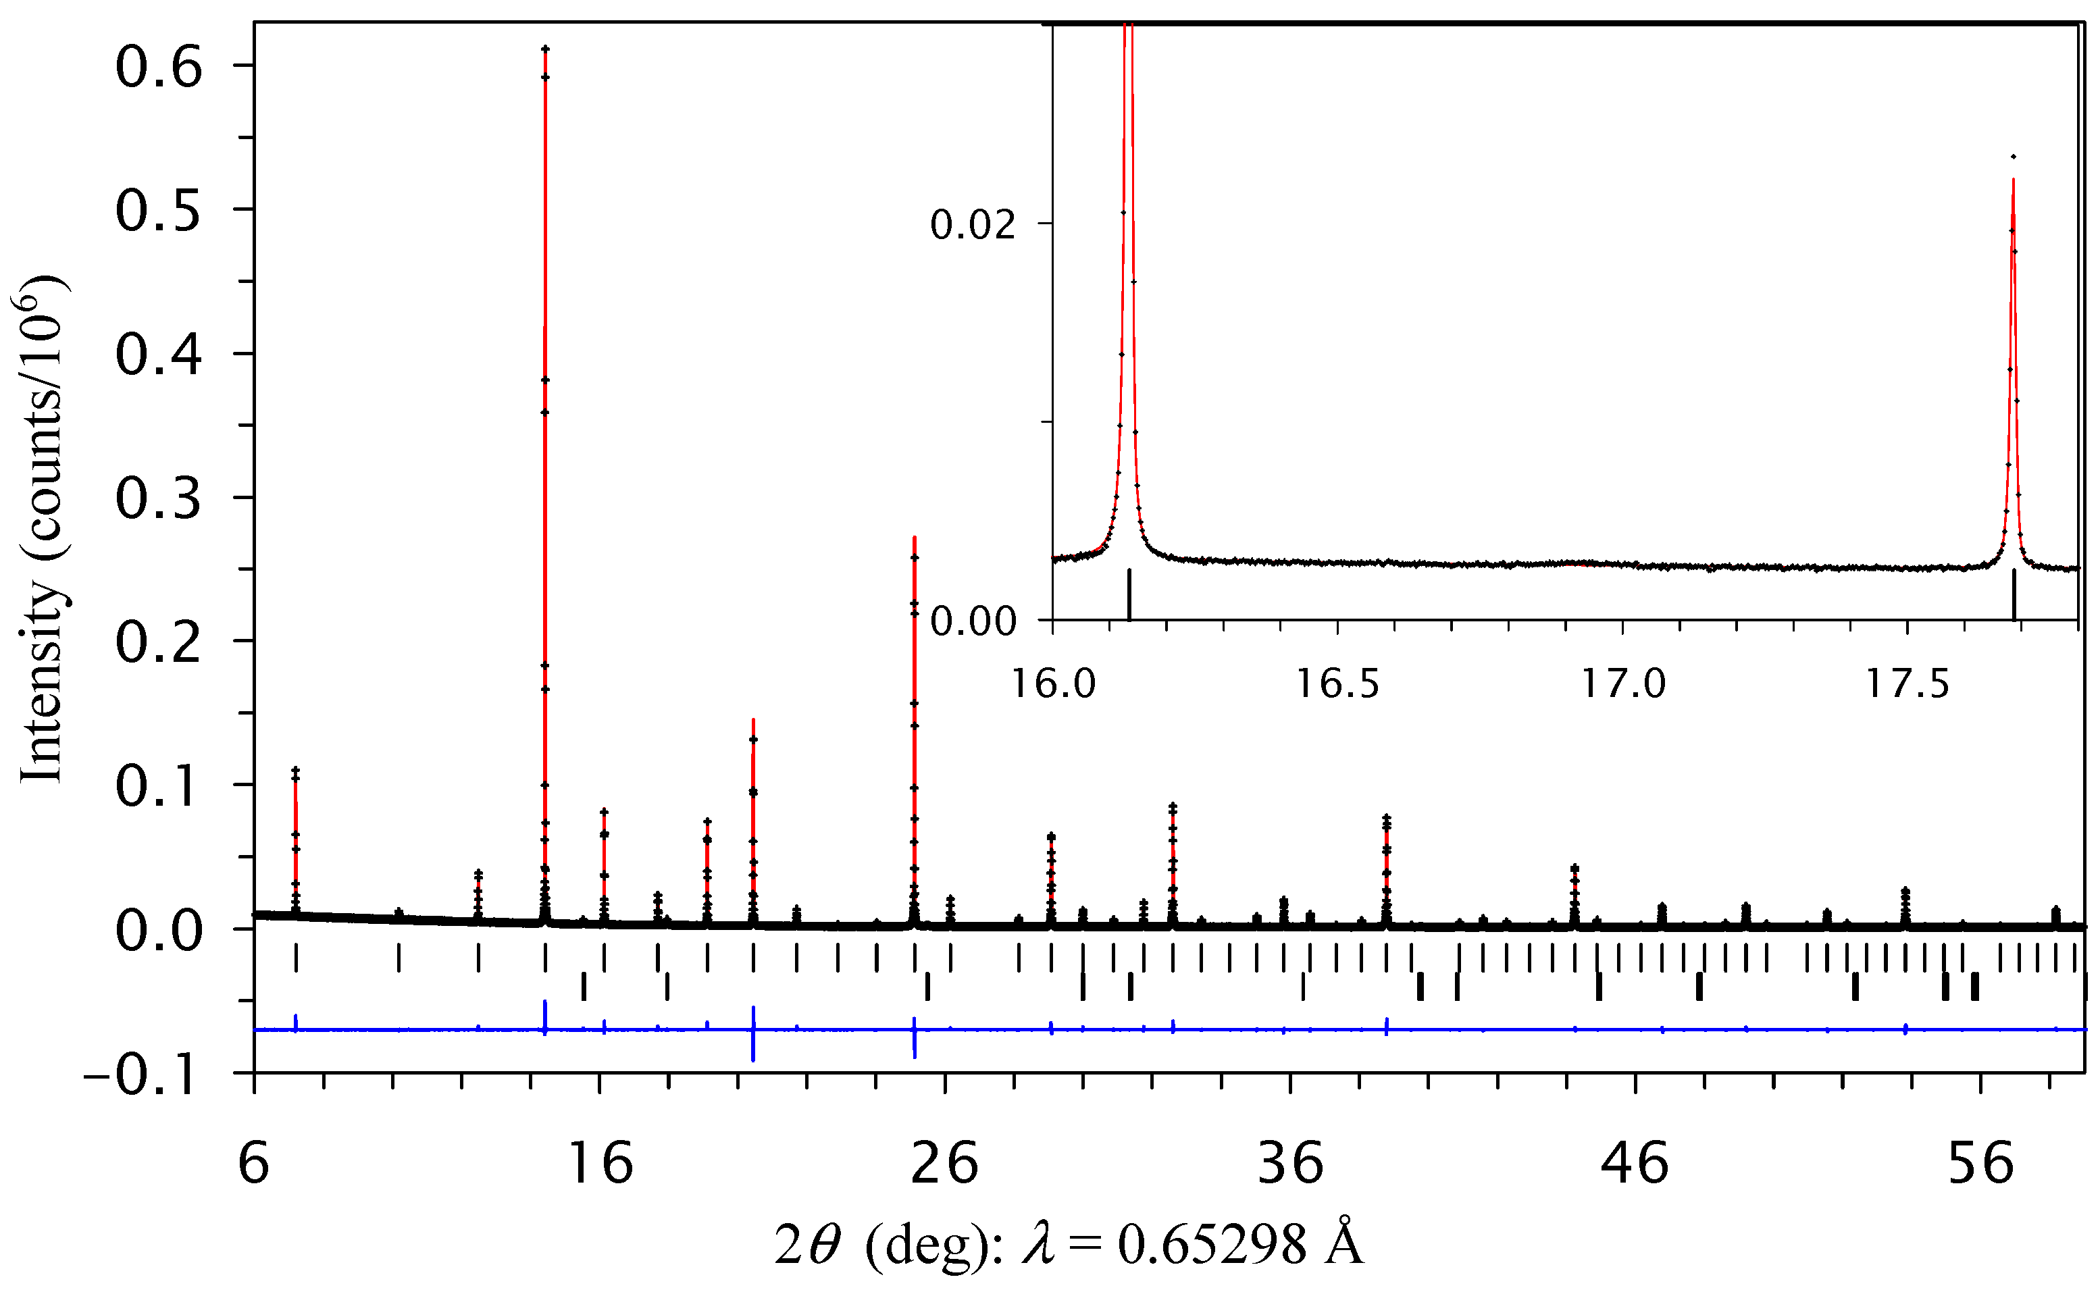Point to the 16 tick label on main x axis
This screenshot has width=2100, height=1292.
pyautogui.click(x=600, y=1164)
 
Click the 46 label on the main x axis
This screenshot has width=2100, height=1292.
pyautogui.click(x=1635, y=1164)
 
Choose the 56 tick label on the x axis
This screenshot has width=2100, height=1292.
pyautogui.click(x=1980, y=1164)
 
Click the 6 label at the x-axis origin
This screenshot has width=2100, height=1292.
pyautogui.click(x=254, y=1164)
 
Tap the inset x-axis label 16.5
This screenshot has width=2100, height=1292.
pyautogui.click(x=1338, y=684)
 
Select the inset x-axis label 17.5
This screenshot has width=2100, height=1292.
pyautogui.click(x=1907, y=684)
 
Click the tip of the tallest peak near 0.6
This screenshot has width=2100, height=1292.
pyautogui.click(x=545, y=49)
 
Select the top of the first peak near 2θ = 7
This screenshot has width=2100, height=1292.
pyautogui.click(x=296, y=769)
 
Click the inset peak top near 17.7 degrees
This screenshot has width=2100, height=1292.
pyautogui.click(x=2014, y=157)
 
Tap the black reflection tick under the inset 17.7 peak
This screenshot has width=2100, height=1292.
pyautogui.click(x=2014, y=594)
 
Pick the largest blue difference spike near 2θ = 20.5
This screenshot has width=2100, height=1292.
pyautogui.click(x=752, y=1034)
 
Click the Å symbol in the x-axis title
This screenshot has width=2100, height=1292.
pyautogui.click(x=1344, y=1243)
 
